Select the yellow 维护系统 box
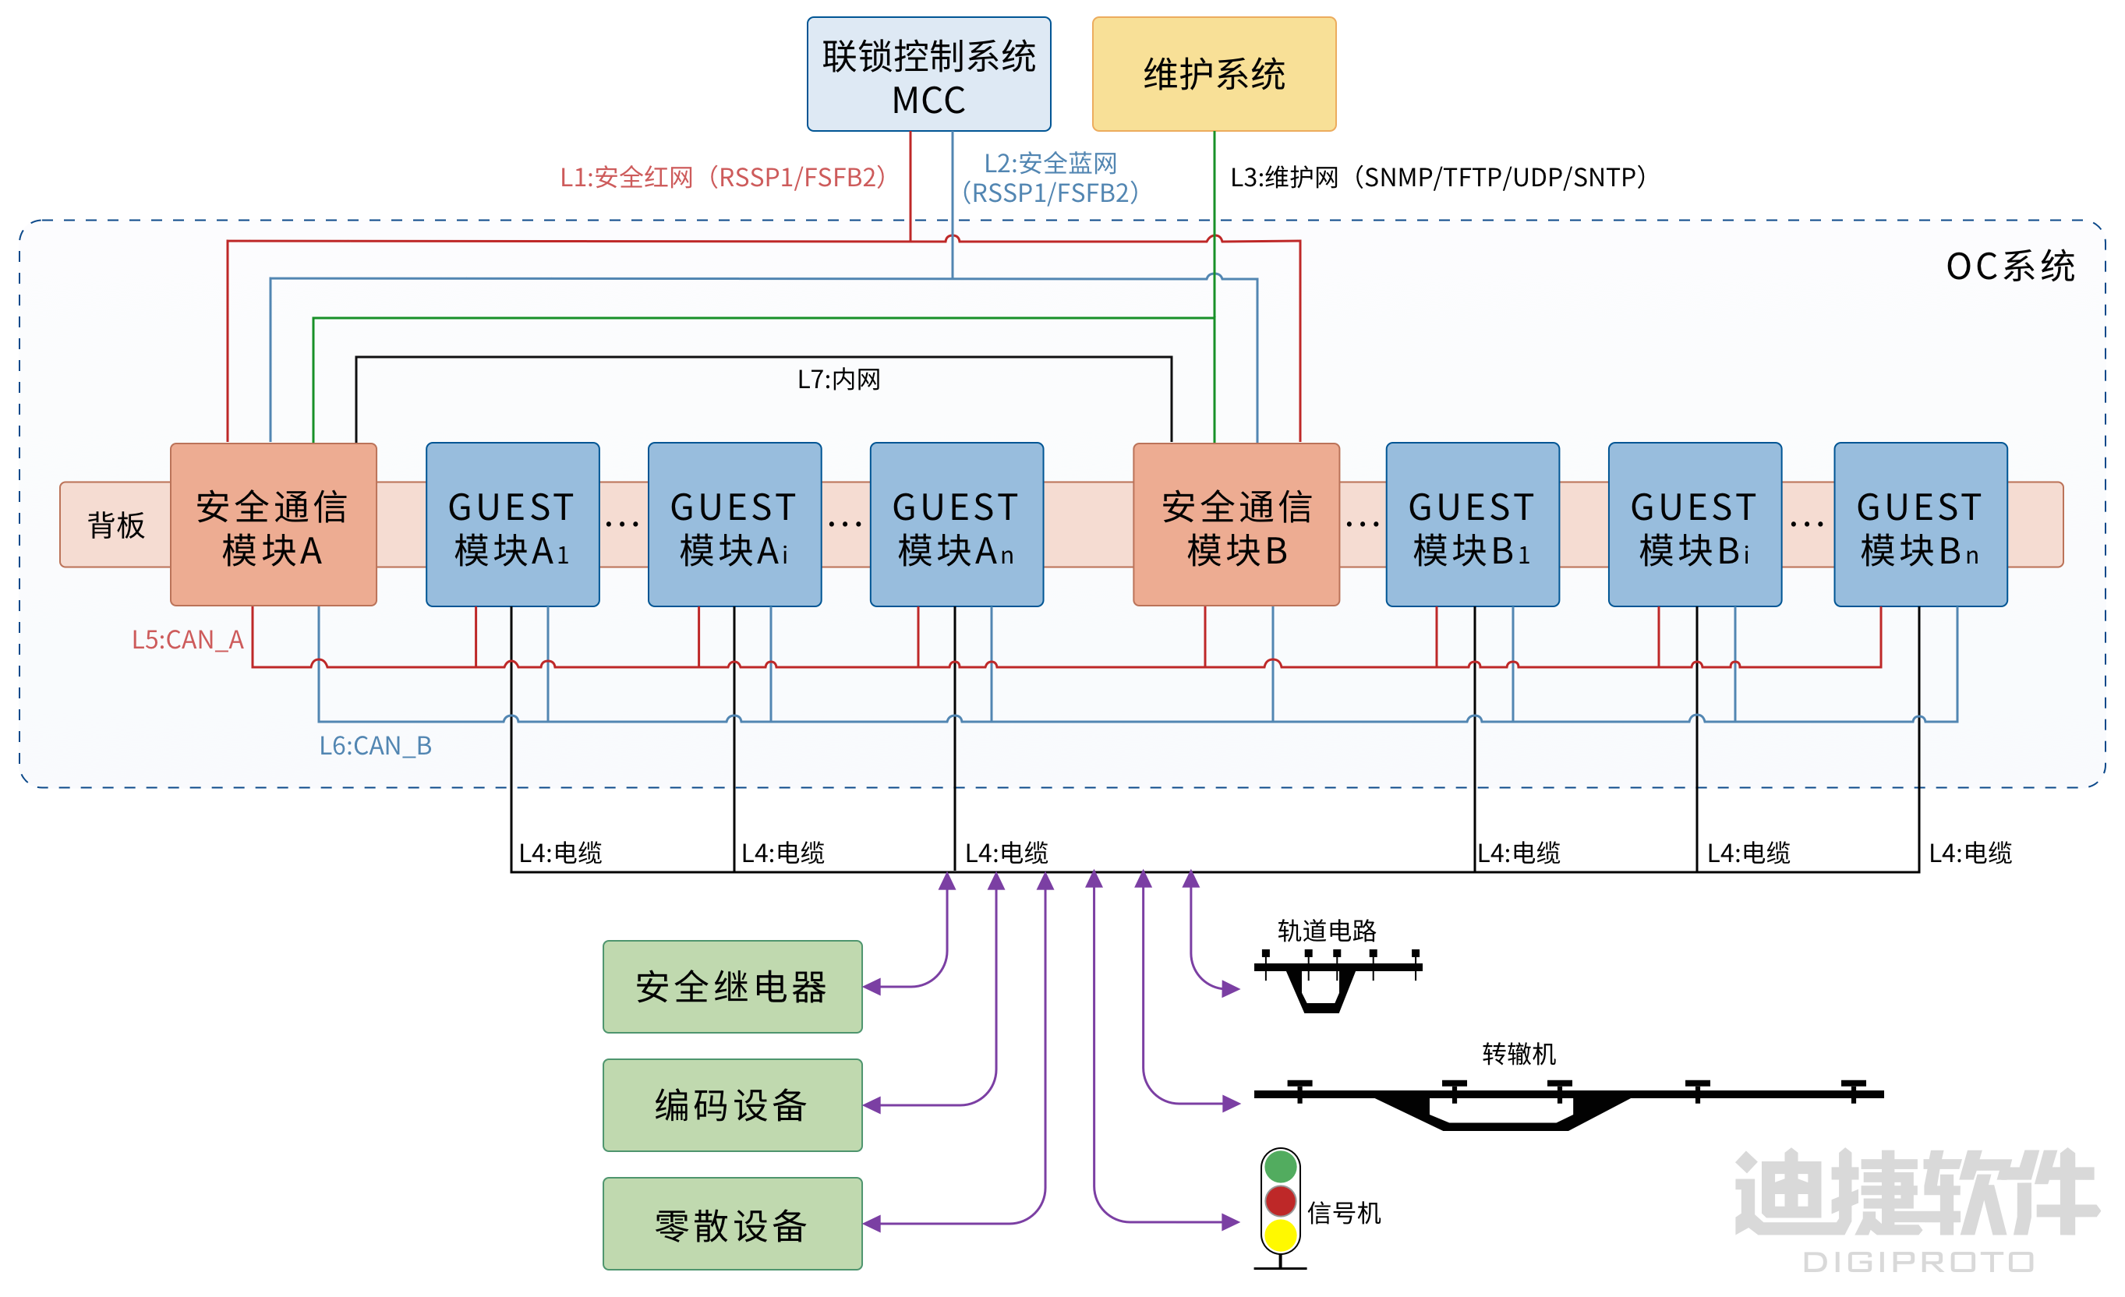pos(1214,75)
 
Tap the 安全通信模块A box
pos(273,525)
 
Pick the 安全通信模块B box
pos(1236,525)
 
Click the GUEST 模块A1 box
pos(512,525)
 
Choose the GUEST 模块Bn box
pos(1920,525)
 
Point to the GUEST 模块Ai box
pos(734,525)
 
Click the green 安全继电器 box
pos(732,987)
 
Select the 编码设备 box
pos(732,1104)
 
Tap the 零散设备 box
pos(732,1224)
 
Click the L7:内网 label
pos(838,380)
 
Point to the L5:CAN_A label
pos(187,640)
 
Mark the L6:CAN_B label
pos(375,746)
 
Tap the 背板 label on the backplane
pos(115,525)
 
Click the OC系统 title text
pos(2010,267)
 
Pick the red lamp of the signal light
pos(1281,1200)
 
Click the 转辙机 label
pos(1519,1054)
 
